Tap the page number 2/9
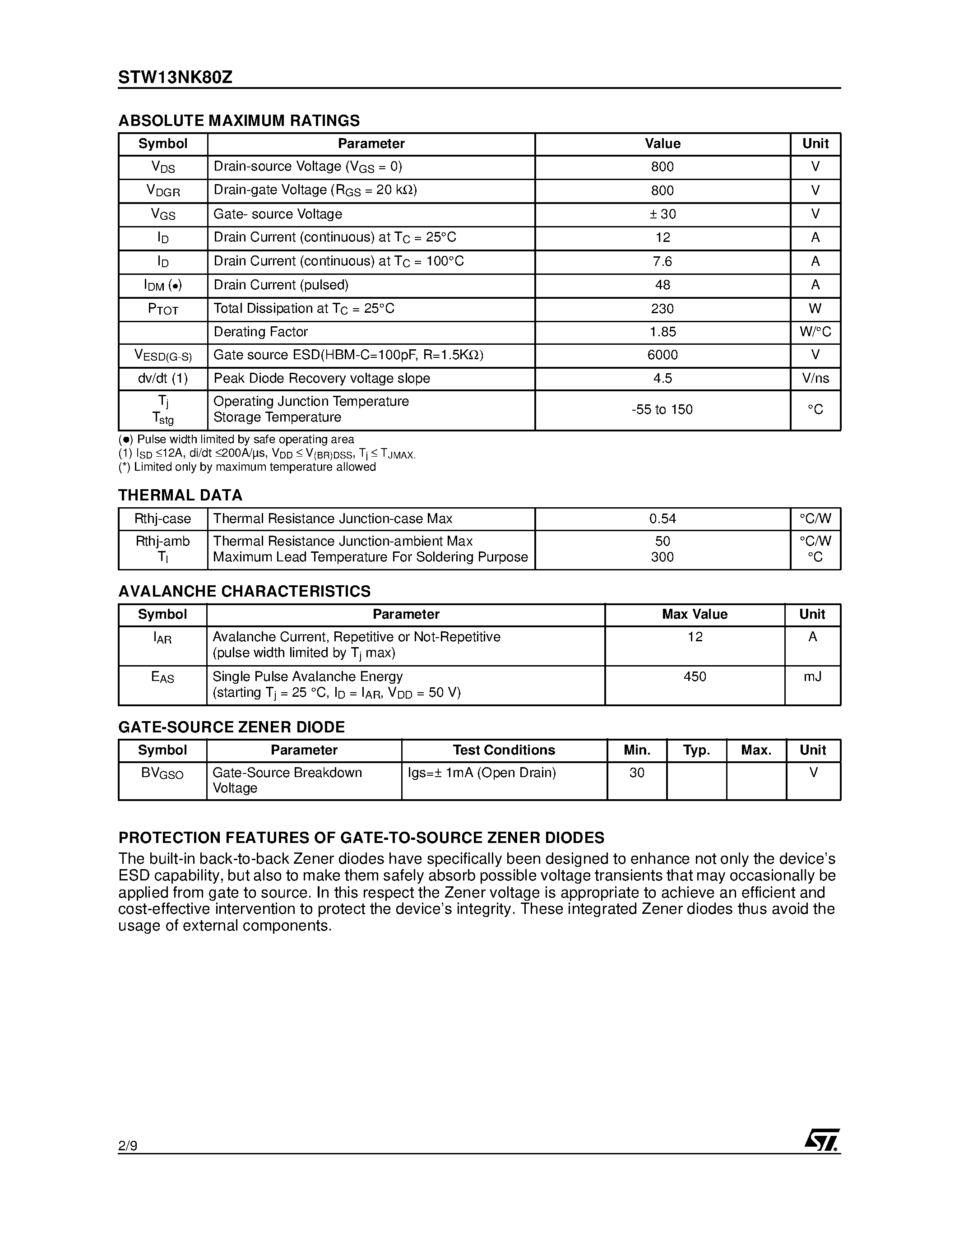coord(128,1145)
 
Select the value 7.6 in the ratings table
coord(662,261)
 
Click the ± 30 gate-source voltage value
coord(662,214)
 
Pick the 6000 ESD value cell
coord(662,355)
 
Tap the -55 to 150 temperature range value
coord(662,410)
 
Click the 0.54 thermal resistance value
coord(662,519)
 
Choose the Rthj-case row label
coord(162,519)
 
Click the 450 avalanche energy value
coord(695,677)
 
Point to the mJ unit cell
coord(812,677)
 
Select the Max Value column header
coord(695,614)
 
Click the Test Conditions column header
coord(504,750)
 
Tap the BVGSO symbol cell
coord(162,773)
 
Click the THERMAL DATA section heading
coord(180,495)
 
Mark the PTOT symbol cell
coord(162,309)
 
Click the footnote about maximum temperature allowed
coord(247,467)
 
